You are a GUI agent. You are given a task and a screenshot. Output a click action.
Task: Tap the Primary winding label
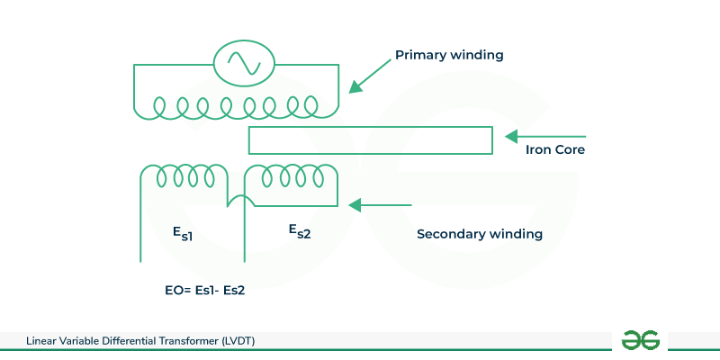pos(449,56)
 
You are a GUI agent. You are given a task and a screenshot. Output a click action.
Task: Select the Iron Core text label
pos(555,150)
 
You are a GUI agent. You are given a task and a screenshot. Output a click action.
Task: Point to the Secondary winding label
pos(480,234)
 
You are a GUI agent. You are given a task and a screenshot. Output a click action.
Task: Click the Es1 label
pos(183,233)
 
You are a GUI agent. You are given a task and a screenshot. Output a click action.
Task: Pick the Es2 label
pos(300,231)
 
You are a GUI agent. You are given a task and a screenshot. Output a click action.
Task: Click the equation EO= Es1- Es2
pos(199,292)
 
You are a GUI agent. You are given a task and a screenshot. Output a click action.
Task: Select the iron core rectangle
pos(370,140)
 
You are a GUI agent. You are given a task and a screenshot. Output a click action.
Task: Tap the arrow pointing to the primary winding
pos(368,76)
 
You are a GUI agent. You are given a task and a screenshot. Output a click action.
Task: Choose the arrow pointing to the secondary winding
pos(379,205)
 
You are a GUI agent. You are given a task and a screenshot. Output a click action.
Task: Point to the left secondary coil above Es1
pos(184,176)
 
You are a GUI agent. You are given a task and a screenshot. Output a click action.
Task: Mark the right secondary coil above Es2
pos(292,176)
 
